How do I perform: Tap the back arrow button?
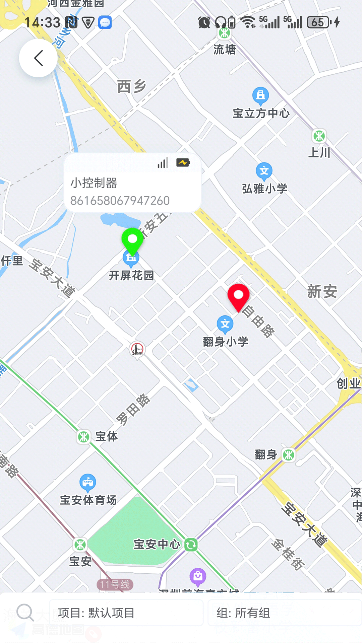click(38, 58)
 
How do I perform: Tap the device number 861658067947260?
click(120, 201)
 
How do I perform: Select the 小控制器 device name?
click(94, 183)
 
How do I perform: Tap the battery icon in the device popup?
click(183, 163)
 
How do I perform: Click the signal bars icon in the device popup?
click(163, 163)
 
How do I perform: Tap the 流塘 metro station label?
click(225, 50)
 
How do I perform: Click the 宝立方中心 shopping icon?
click(260, 96)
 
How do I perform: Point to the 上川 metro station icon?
click(319, 136)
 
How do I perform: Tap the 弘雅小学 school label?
click(264, 189)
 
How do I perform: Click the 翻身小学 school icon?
click(225, 324)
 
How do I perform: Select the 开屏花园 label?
click(131, 275)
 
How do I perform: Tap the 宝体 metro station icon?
click(83, 437)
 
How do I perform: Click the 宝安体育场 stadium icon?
click(88, 482)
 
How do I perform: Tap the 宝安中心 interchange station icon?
click(191, 545)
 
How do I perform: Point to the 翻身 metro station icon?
click(289, 455)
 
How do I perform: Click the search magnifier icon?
click(25, 613)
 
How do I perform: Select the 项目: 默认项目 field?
click(126, 613)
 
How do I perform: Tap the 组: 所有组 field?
click(284, 613)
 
